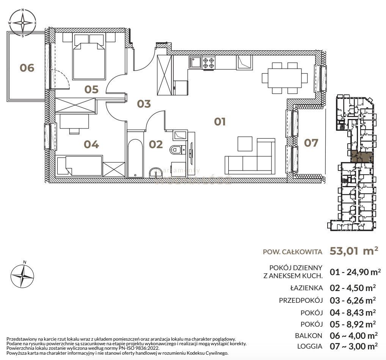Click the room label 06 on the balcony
pyautogui.click(x=27, y=68)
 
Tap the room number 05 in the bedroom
pyautogui.click(x=92, y=89)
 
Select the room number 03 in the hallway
pyautogui.click(x=144, y=103)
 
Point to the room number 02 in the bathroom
pyautogui.click(x=156, y=144)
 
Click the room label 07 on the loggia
pyautogui.click(x=311, y=143)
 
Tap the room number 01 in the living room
pyautogui.click(x=220, y=122)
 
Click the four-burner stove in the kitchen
pyautogui.click(x=208, y=62)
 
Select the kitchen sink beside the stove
pyautogui.click(x=195, y=62)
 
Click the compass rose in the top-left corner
pyautogui.click(x=23, y=23)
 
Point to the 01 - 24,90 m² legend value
pyautogui.click(x=355, y=272)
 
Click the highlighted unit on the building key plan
pyautogui.click(x=362, y=157)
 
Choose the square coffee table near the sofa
pyautogui.click(x=245, y=143)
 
